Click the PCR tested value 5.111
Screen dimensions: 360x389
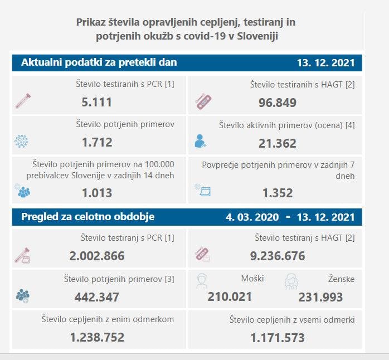(x=97, y=103)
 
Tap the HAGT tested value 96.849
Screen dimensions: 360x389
(x=278, y=103)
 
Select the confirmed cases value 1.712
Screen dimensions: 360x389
(x=97, y=143)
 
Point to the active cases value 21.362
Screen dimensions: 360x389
(x=278, y=143)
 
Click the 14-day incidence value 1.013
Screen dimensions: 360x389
(x=97, y=193)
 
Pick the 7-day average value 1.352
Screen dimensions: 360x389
(x=278, y=193)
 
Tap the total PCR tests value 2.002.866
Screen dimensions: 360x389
(x=97, y=256)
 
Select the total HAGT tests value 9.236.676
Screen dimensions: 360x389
(x=278, y=256)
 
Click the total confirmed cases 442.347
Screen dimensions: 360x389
(x=97, y=297)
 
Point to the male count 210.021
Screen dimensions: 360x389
(x=230, y=297)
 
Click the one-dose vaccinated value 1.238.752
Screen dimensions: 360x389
(x=97, y=337)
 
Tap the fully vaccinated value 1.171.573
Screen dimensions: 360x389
(x=278, y=337)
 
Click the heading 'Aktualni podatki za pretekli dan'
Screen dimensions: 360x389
(x=99, y=62)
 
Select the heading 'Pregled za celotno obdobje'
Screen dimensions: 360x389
(x=87, y=217)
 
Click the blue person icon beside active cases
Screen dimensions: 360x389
(x=200, y=141)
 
